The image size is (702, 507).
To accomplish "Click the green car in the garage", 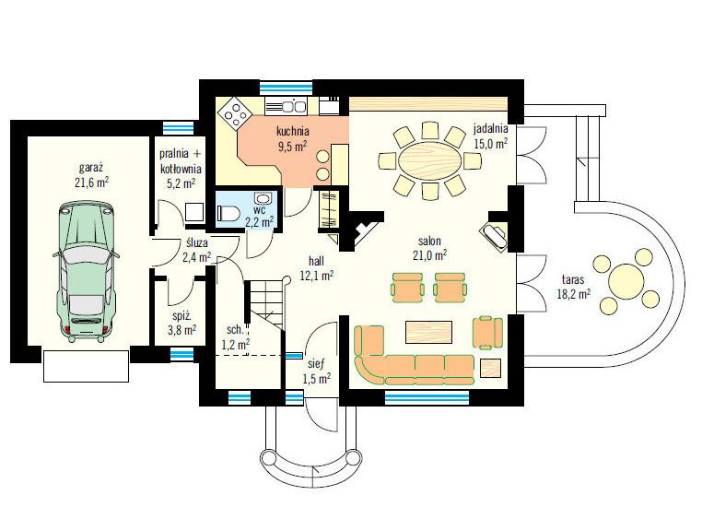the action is (x=86, y=271).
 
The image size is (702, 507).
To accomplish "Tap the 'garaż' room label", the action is (x=91, y=168).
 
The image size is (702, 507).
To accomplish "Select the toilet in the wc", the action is (x=228, y=213).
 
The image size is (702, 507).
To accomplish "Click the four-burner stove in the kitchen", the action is (x=236, y=112).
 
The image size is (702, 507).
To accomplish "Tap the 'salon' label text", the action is (x=429, y=241).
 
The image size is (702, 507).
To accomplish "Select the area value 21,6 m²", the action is (x=92, y=183).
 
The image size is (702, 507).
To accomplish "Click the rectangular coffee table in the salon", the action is (x=428, y=332).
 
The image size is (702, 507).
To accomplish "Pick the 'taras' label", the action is (x=573, y=280).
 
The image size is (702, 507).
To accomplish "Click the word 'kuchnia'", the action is (x=293, y=131).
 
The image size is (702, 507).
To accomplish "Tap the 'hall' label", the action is (x=316, y=261).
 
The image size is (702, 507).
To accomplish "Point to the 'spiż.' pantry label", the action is (x=181, y=316).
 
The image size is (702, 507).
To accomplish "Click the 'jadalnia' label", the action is (x=491, y=129).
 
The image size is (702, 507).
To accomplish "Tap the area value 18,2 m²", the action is (x=574, y=294).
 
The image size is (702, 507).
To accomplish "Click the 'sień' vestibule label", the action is (x=316, y=364).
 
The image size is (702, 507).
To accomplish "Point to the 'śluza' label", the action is (x=196, y=242).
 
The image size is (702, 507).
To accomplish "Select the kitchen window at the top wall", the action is (x=287, y=87).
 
